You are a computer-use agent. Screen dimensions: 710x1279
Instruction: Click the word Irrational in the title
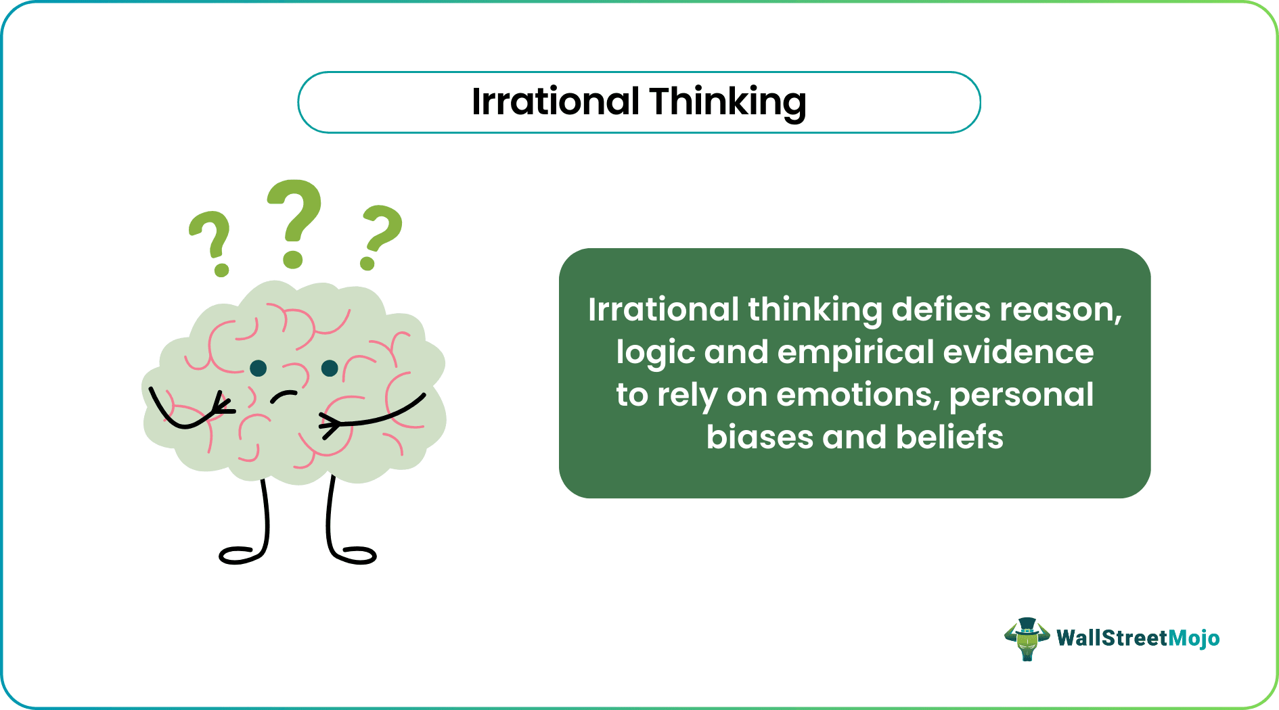(555, 101)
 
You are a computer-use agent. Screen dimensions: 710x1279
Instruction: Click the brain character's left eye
(258, 368)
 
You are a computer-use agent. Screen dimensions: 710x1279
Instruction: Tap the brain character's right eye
(330, 368)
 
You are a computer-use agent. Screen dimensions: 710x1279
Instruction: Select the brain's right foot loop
(355, 555)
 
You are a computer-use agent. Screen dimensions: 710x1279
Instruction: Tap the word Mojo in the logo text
(1194, 638)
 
